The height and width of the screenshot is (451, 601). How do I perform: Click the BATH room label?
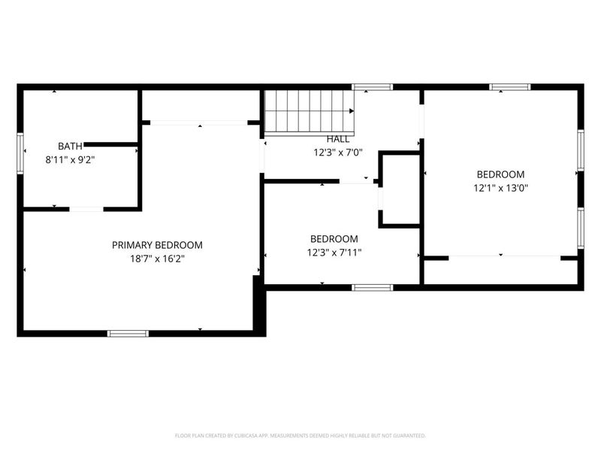click(x=70, y=146)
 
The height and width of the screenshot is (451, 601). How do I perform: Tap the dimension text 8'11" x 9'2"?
click(x=70, y=160)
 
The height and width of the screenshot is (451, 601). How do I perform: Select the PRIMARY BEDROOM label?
click(x=157, y=245)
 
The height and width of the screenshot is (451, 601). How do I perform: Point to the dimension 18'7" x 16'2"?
click(x=157, y=259)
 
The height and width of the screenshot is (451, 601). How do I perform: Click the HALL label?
click(x=337, y=139)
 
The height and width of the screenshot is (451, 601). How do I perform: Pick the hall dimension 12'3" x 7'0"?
click(x=337, y=153)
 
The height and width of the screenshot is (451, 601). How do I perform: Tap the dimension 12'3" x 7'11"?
click(x=334, y=253)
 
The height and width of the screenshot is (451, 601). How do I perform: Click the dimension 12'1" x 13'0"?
click(x=500, y=189)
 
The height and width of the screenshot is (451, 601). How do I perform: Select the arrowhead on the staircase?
click(x=352, y=111)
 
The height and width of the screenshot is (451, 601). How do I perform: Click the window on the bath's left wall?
click(x=20, y=153)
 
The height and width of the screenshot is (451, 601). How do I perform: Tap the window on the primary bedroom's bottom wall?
click(x=128, y=334)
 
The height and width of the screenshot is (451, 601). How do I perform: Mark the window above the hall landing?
click(x=373, y=87)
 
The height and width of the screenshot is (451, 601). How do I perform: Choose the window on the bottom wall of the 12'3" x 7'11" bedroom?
click(x=373, y=288)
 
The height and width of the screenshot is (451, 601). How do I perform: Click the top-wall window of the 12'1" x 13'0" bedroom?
click(x=510, y=87)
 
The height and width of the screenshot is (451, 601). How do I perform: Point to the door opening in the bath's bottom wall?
click(x=86, y=209)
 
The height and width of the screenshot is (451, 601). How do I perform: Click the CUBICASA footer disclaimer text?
click(x=300, y=436)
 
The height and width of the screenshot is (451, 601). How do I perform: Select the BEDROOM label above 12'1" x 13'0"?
click(x=500, y=174)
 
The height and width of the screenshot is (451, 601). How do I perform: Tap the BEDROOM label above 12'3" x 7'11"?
click(x=334, y=239)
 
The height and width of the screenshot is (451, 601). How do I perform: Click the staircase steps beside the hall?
click(x=309, y=111)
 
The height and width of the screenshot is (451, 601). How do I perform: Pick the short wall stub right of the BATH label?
click(x=110, y=144)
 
